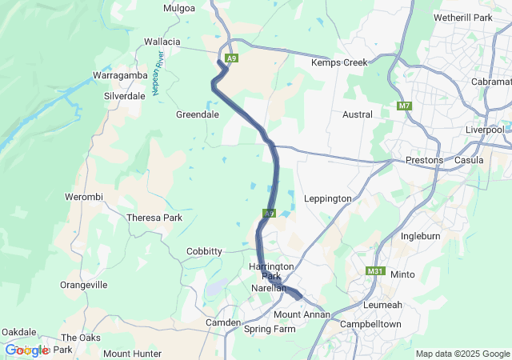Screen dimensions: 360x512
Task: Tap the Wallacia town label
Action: [x=162, y=41]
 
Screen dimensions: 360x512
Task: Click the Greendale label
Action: [x=198, y=114]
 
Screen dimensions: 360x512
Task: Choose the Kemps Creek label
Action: [x=338, y=62]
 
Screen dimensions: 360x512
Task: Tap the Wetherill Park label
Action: [x=462, y=17]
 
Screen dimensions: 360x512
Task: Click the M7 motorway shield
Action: [x=404, y=106]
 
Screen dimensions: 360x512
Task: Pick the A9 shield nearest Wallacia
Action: [x=232, y=58]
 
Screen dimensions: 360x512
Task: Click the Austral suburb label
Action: [x=358, y=114]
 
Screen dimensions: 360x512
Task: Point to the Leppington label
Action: [x=328, y=198]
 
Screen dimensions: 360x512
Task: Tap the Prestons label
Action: [x=424, y=160]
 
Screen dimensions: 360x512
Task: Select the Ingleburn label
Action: [x=421, y=237]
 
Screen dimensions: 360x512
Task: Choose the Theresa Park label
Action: [x=154, y=217]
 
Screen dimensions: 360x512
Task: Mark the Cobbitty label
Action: [x=204, y=251]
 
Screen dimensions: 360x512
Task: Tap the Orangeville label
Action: [x=84, y=285]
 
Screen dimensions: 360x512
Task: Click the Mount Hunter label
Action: [x=132, y=354]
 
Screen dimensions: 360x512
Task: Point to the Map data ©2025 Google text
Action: [x=462, y=354]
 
